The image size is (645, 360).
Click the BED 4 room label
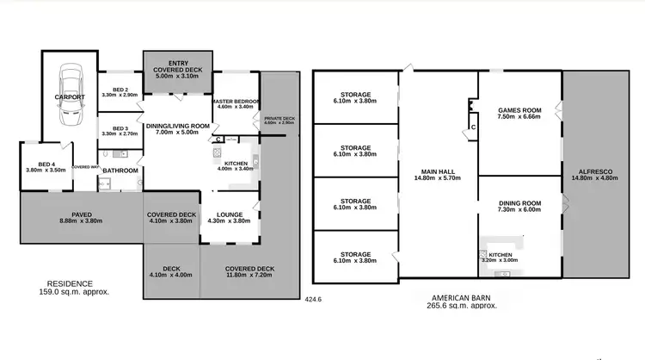click(x=46, y=164)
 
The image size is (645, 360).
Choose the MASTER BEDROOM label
click(x=234, y=102)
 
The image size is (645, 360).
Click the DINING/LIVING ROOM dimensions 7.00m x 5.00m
click(x=176, y=133)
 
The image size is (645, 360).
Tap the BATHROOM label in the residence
click(x=120, y=171)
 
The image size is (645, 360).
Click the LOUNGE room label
click(x=229, y=215)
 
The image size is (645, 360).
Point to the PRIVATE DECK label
click(x=279, y=119)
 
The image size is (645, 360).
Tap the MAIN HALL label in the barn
click(x=439, y=171)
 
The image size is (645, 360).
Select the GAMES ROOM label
click(x=519, y=111)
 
